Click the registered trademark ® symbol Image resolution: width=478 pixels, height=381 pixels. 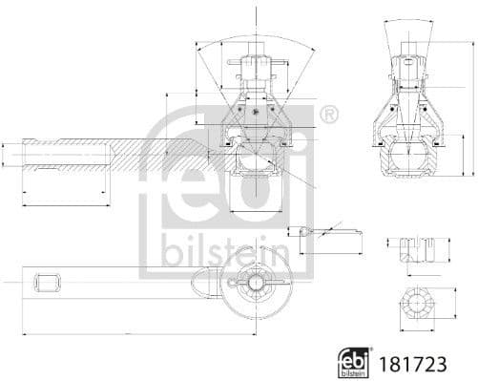tap(328, 116)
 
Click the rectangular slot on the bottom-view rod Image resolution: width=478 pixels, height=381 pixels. tap(47, 282)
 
